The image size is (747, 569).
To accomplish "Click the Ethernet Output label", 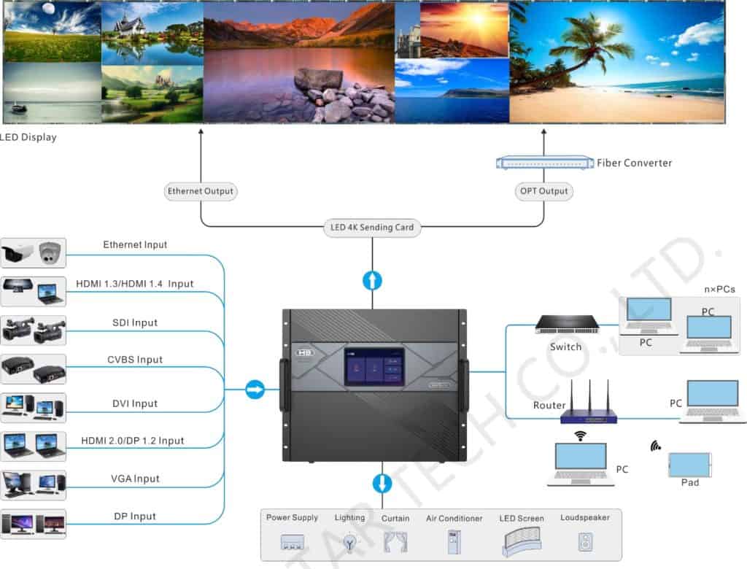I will [201, 191].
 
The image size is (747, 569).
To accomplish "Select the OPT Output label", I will [543, 191].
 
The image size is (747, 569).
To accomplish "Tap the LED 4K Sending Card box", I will [372, 227].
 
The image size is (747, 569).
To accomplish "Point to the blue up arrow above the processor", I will [372, 280].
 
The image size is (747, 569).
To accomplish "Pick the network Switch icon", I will [567, 324].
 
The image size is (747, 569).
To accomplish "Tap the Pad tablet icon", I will [689, 465].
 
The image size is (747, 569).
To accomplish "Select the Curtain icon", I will [395, 541].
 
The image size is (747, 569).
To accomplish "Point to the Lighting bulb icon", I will [349, 542].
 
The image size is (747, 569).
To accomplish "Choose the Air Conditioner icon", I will [452, 541].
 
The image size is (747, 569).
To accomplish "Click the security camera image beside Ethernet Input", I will [34, 253].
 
